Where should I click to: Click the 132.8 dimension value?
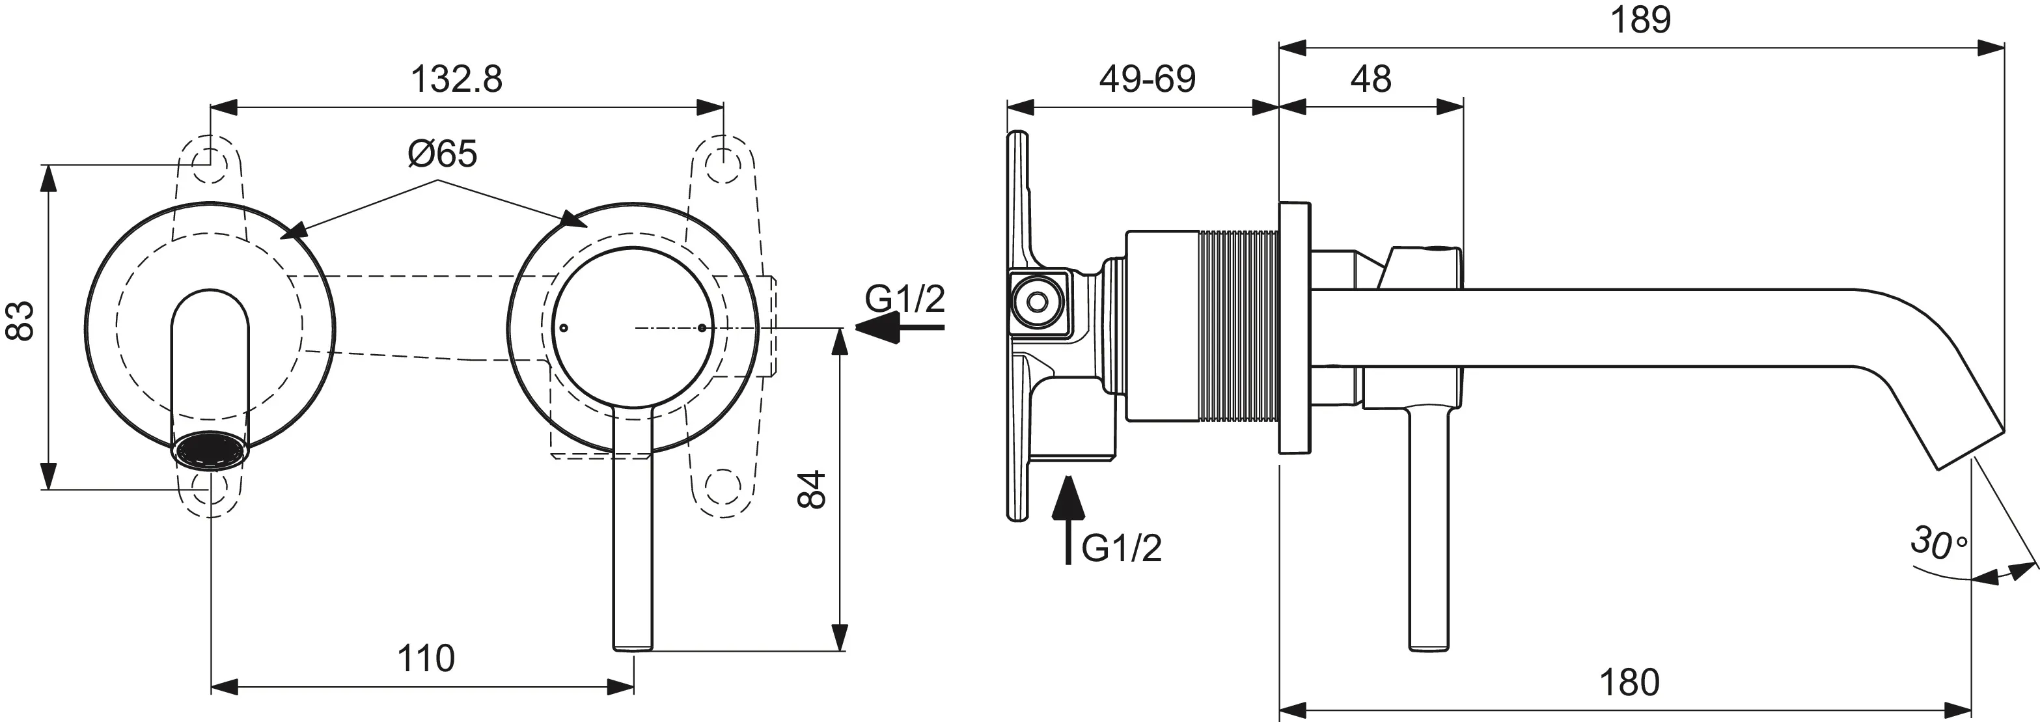tap(456, 80)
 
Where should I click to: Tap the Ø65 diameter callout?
tap(443, 154)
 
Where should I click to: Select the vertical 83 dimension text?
tap(21, 320)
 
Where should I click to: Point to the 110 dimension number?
tap(426, 659)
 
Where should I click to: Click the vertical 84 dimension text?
tap(812, 489)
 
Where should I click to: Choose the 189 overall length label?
tap(1641, 19)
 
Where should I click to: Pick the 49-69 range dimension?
tap(1148, 79)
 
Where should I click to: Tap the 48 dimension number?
tap(1371, 79)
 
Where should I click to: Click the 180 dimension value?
tap(1629, 682)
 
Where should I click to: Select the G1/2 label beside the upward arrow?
tap(1122, 548)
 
